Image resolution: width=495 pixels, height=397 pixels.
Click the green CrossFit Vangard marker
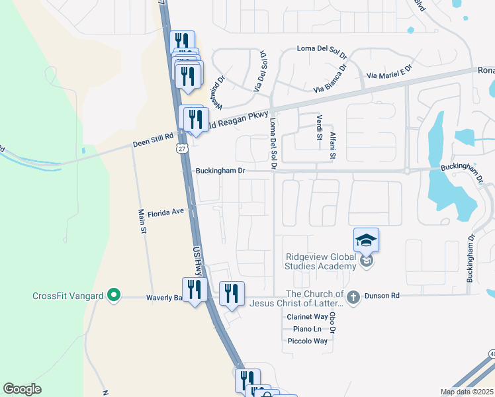pyautogui.click(x=114, y=296)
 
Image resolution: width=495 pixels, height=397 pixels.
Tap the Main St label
pyautogui.click(x=142, y=222)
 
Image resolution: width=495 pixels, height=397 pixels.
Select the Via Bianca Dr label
pyautogui.click(x=330, y=78)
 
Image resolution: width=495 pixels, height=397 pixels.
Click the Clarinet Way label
pyautogui.click(x=307, y=317)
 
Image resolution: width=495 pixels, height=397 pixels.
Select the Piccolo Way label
pyautogui.click(x=307, y=341)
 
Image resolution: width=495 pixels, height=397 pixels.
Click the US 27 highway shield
pyautogui.click(x=181, y=150)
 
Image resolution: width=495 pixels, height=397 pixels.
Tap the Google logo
pyautogui.click(x=22, y=389)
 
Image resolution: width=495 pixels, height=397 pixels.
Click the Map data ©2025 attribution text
pyautogui.click(x=467, y=392)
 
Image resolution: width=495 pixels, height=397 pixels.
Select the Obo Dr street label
pyautogui.click(x=333, y=323)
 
